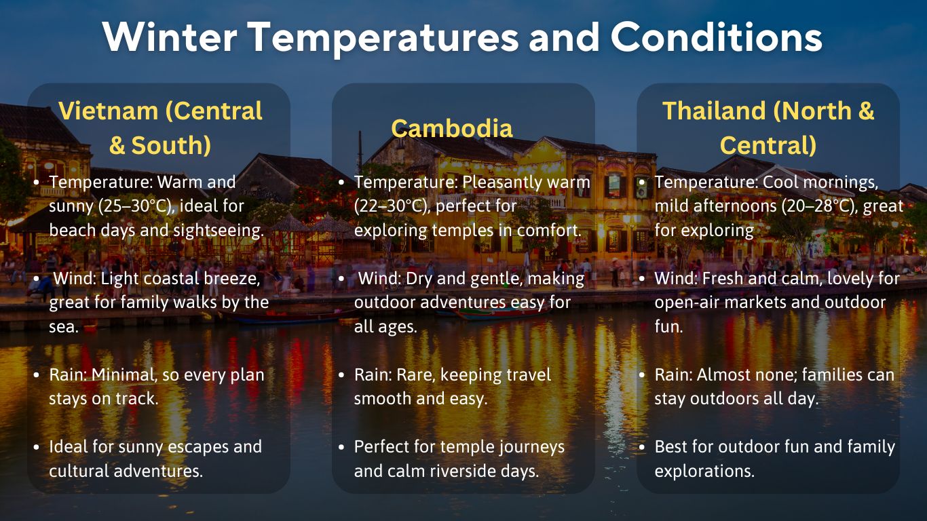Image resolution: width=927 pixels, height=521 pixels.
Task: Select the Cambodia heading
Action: (x=452, y=128)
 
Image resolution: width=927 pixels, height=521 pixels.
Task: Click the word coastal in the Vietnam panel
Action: (x=179, y=278)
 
